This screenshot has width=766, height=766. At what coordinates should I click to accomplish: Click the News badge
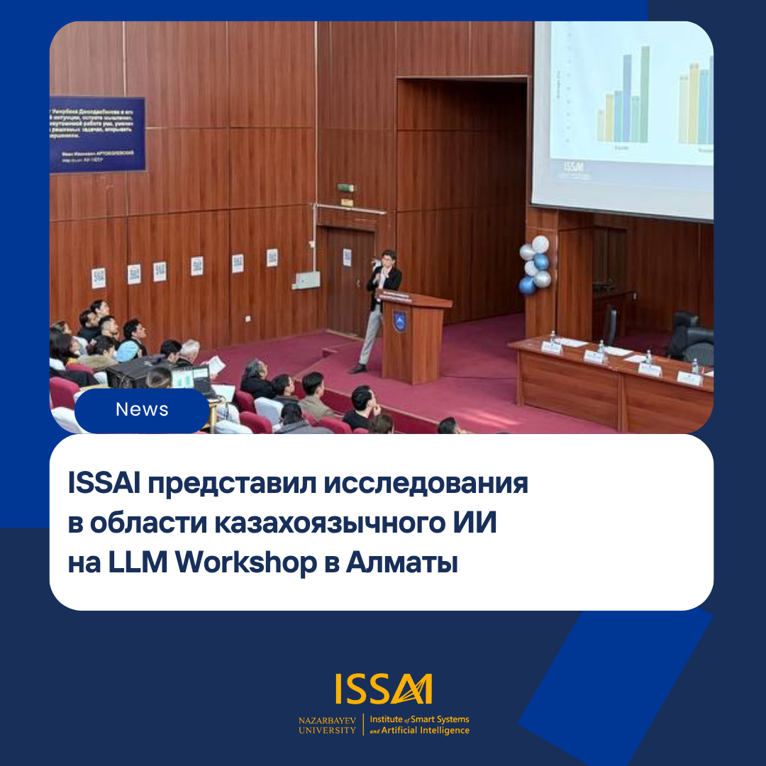[x=142, y=410]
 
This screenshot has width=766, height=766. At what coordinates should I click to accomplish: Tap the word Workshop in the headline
[x=245, y=563]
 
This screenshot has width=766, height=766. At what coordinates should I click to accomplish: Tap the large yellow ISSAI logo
[x=384, y=689]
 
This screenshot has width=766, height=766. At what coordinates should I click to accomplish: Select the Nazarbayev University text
[x=328, y=725]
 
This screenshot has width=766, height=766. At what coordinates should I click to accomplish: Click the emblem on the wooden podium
[x=399, y=320]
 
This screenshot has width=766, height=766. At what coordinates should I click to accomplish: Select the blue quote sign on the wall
[x=97, y=134]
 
